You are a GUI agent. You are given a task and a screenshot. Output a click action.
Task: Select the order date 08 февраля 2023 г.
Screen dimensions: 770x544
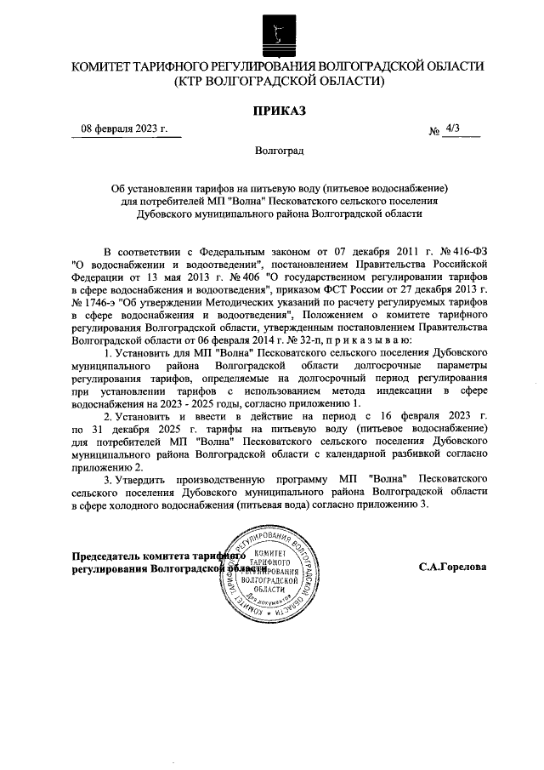click(x=124, y=128)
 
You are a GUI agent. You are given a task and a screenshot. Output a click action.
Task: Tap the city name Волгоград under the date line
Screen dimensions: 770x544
click(x=279, y=151)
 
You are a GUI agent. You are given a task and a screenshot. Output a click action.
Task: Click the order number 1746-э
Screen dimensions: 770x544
click(x=94, y=301)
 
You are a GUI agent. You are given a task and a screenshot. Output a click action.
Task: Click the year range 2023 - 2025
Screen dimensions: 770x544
click(x=224, y=402)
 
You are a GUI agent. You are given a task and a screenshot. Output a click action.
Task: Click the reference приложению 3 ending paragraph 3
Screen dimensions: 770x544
click(x=390, y=504)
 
